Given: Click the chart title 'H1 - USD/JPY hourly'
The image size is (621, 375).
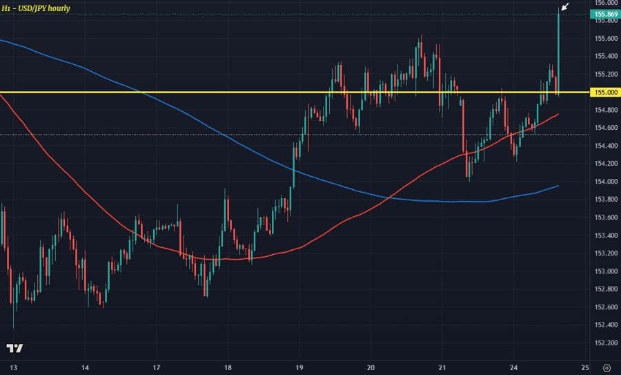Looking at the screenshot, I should [35, 8].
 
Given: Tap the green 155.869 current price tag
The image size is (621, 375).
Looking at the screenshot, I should [605, 14].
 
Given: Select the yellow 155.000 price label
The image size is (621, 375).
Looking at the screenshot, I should [605, 92].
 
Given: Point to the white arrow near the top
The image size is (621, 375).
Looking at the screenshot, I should [565, 7].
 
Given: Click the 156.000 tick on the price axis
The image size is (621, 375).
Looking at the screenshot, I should [605, 3].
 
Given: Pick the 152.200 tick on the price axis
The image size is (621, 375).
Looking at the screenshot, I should [605, 343].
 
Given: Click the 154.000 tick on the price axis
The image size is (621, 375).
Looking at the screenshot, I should [605, 182].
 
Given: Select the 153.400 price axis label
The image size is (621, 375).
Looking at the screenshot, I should [605, 235].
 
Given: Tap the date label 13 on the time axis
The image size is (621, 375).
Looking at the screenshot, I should [12, 366].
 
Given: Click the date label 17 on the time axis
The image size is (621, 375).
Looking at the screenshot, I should [157, 366].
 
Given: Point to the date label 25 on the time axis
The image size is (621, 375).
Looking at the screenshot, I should [585, 366].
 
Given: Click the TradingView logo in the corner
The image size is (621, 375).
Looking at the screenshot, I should [14, 348].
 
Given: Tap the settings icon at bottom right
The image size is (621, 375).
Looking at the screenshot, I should [607, 366].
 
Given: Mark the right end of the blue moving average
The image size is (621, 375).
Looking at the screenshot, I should [558, 186].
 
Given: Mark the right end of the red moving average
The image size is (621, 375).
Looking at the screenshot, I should [558, 114].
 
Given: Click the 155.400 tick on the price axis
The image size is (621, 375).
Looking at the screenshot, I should [605, 56].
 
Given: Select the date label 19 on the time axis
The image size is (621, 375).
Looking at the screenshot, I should [299, 366].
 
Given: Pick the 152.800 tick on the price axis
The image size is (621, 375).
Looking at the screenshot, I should [605, 289].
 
